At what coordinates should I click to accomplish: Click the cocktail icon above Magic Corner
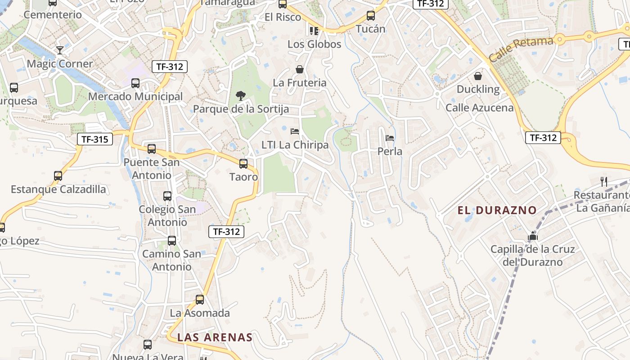(59, 50)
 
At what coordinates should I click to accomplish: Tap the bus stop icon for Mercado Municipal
(135, 83)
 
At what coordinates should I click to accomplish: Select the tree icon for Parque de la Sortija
(241, 95)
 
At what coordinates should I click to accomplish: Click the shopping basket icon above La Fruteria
(300, 69)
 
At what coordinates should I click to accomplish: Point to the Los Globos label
(314, 44)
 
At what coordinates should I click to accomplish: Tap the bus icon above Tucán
(371, 16)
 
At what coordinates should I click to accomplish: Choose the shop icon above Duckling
(478, 76)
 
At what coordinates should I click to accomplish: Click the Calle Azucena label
(479, 108)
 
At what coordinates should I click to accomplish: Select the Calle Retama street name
(521, 49)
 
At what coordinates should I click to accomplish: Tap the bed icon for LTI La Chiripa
(295, 131)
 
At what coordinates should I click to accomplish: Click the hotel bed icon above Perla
(390, 138)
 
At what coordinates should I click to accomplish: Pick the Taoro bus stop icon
(243, 164)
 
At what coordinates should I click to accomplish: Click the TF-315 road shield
(94, 139)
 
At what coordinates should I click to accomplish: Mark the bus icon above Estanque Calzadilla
(58, 176)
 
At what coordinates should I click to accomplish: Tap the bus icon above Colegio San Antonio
(167, 196)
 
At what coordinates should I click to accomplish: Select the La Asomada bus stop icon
(200, 300)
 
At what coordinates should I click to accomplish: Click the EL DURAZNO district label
(497, 210)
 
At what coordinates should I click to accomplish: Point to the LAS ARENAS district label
(215, 337)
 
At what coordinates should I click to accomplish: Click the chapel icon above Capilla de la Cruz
(533, 236)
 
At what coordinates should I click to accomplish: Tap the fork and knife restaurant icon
(604, 182)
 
